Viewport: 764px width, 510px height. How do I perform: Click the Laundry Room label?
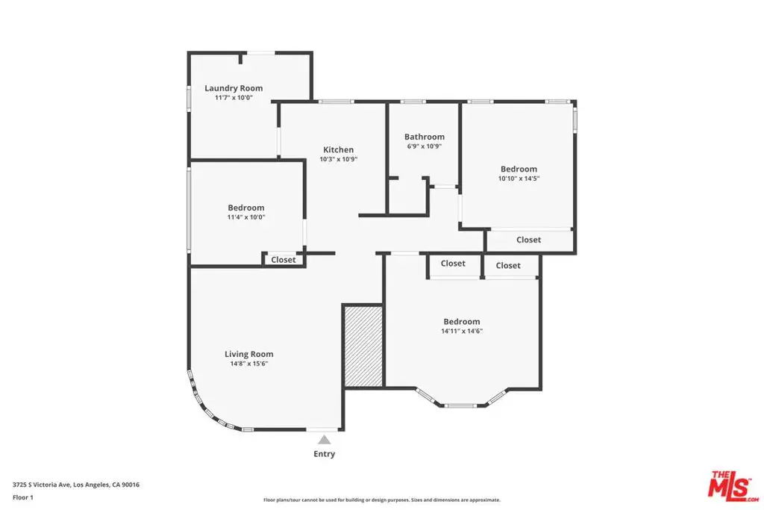pos(234,88)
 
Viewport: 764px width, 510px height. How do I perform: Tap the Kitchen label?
pos(338,149)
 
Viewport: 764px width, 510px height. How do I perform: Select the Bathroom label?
pos(425,137)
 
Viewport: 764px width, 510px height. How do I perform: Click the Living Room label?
pos(249,355)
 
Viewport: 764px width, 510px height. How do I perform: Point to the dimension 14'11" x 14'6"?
pos(462,331)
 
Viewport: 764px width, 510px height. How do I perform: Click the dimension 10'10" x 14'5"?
pos(519,178)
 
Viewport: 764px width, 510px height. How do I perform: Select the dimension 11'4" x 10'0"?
pos(246,217)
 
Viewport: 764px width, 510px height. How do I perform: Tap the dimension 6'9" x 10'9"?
pos(425,146)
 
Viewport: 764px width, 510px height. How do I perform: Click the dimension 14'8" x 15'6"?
pos(249,364)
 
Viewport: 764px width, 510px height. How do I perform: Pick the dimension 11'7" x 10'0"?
pos(234,98)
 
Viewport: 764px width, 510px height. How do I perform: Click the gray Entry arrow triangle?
pos(325,440)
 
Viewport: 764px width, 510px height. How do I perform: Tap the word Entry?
pos(325,454)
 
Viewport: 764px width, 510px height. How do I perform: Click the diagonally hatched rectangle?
pos(363,346)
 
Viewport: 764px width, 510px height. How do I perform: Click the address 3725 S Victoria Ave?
pos(42,485)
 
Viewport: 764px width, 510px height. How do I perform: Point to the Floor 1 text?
pos(23,497)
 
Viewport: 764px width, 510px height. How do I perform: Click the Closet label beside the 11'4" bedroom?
pos(283,260)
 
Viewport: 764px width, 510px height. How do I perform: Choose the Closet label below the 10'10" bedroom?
pos(529,240)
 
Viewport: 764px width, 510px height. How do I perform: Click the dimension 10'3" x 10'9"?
pos(339,160)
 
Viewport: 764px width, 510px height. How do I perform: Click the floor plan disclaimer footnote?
pos(382,500)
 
